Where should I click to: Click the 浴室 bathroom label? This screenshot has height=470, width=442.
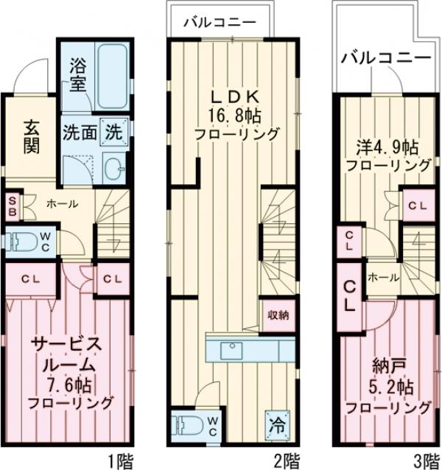click(79, 74)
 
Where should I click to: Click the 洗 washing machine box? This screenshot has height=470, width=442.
click(116, 133)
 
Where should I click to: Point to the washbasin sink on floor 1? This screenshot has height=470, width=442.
click(114, 168)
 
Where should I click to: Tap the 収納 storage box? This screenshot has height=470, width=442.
click(278, 314)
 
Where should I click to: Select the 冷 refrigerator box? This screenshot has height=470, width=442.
click(278, 425)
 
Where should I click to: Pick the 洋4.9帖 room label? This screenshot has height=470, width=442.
click(389, 145)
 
